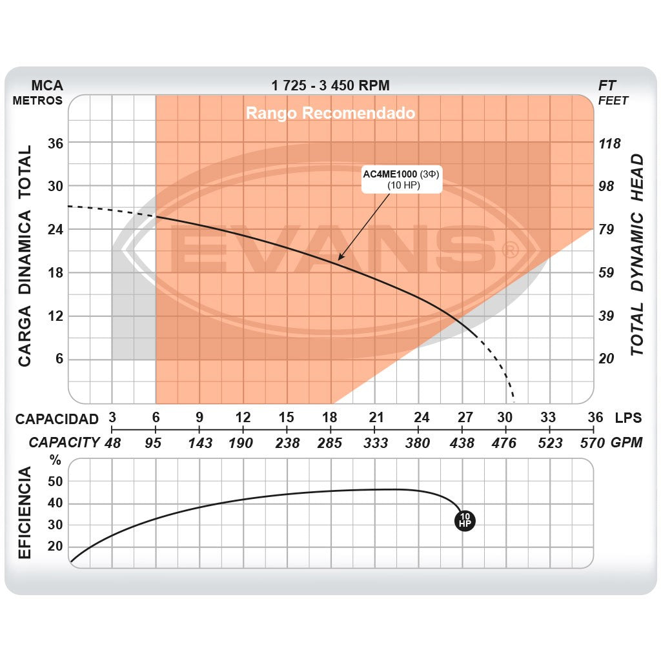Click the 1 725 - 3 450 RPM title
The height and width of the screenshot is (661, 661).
click(x=330, y=85)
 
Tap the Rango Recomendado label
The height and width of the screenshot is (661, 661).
click(x=330, y=114)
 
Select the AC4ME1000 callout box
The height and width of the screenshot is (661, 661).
click(x=401, y=180)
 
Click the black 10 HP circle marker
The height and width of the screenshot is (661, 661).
click(x=465, y=520)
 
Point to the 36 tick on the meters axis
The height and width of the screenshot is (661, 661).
click(x=56, y=143)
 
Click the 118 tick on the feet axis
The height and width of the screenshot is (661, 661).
click(x=609, y=143)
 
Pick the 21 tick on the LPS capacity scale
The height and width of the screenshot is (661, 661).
click(x=376, y=417)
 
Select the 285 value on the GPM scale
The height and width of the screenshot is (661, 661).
click(x=330, y=443)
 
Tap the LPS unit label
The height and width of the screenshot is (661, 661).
click(x=628, y=418)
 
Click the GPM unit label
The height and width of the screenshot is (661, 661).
click(x=627, y=443)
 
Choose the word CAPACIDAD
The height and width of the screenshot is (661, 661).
click(x=57, y=419)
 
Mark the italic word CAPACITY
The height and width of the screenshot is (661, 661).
click(x=64, y=443)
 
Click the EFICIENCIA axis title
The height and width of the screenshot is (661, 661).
click(x=25, y=513)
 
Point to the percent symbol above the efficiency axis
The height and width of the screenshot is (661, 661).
click(x=56, y=461)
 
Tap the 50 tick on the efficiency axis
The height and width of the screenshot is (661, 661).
click(x=56, y=482)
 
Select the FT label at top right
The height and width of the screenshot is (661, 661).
click(x=607, y=85)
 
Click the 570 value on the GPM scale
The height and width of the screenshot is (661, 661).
click(x=592, y=443)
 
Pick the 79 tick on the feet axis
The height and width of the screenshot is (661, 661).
click(x=607, y=229)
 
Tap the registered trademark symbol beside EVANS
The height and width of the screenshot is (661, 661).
click(x=510, y=249)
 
